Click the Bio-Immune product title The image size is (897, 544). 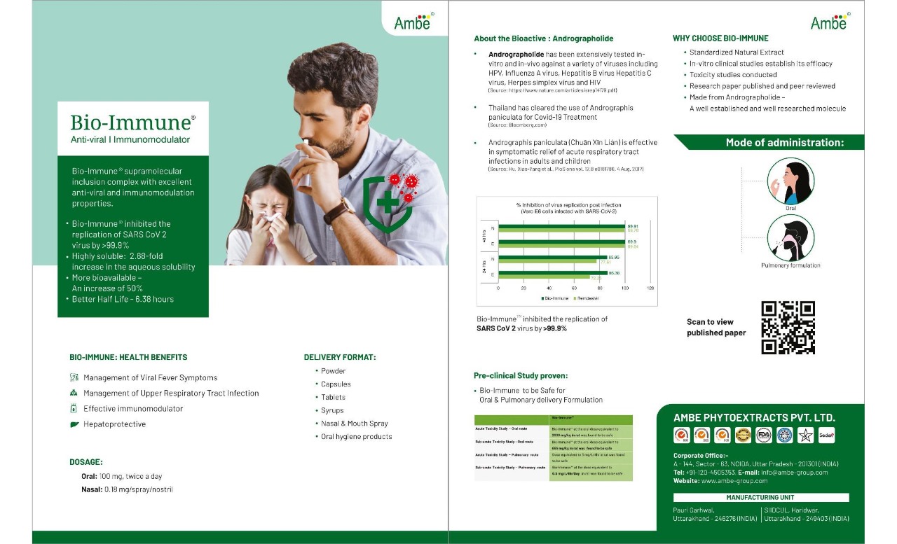pyautogui.click(x=132, y=123)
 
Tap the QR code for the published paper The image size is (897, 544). pyautogui.click(x=788, y=327)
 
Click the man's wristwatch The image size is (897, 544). pyautogui.click(x=340, y=209)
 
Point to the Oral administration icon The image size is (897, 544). pyautogui.click(x=790, y=181)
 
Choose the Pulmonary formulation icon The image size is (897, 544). pyautogui.click(x=790, y=237)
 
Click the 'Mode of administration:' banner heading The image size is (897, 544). pyautogui.click(x=784, y=143)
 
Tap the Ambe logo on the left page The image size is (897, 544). pyautogui.click(x=414, y=22)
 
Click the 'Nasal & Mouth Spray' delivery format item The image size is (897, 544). pyautogui.click(x=354, y=424)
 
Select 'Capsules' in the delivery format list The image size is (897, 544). pyautogui.click(x=336, y=384)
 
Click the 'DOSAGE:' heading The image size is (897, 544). pyautogui.click(x=86, y=462)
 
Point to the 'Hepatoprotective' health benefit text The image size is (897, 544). pyautogui.click(x=114, y=424)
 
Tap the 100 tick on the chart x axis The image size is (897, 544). pyautogui.click(x=625, y=288)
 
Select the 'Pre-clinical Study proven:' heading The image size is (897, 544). pyautogui.click(x=521, y=376)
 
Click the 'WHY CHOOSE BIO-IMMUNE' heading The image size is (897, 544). pyautogui.click(x=720, y=39)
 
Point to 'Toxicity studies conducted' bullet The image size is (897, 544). pyautogui.click(x=733, y=75)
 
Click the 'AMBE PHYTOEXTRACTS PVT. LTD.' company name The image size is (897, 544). pyautogui.click(x=754, y=418)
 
